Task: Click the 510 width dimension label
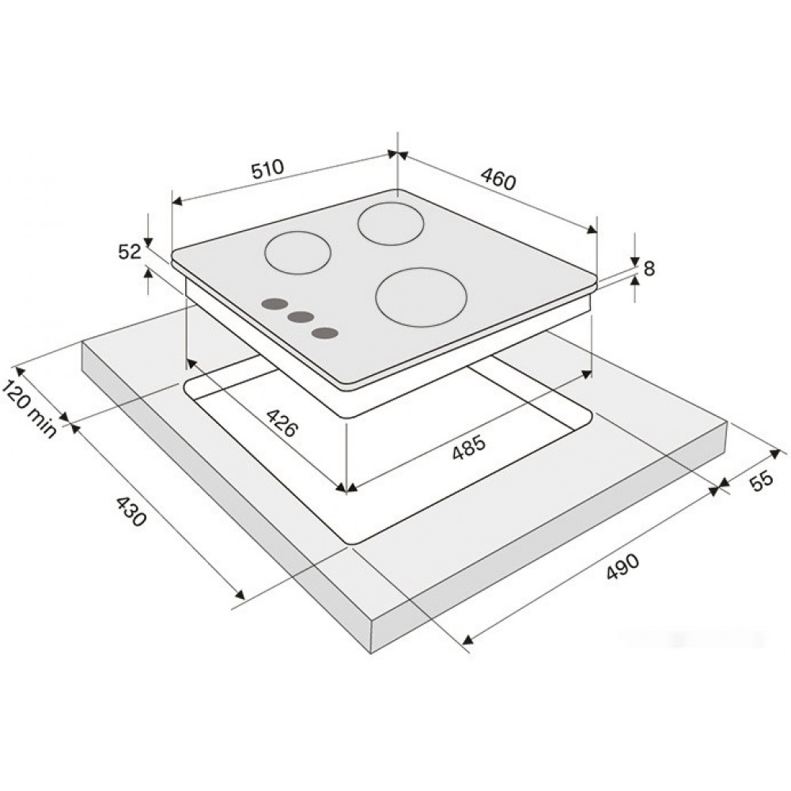coord(268,170)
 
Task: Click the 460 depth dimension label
coord(498,179)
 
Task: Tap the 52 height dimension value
coord(130,252)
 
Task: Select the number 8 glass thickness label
coord(649,269)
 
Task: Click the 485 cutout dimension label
coord(468,447)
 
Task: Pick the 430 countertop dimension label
coord(131,512)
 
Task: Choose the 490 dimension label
coord(622,566)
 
